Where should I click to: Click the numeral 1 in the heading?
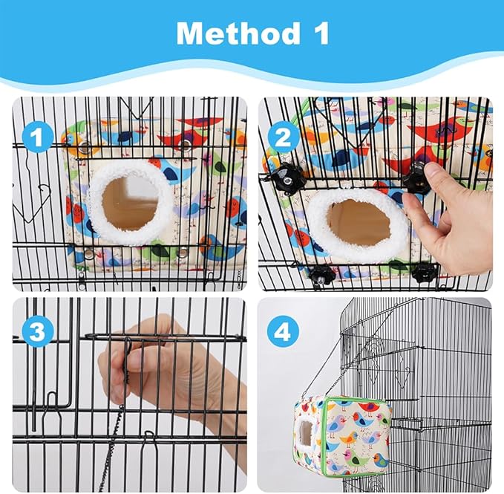pos(316,34)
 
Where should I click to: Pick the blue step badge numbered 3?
pos(36,332)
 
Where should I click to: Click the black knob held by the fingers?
pos(417,178)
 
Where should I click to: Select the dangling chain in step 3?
pos(114,446)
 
